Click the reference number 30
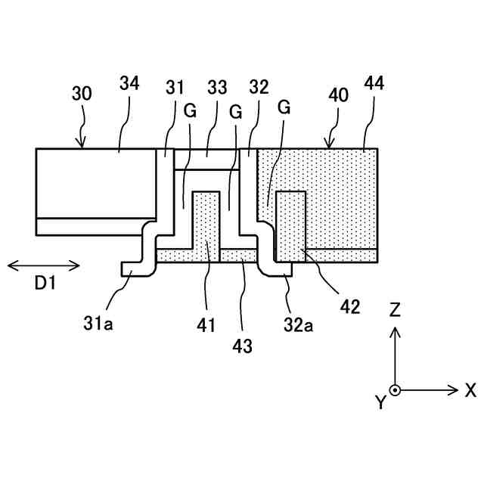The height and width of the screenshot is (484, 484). pyautogui.click(x=82, y=94)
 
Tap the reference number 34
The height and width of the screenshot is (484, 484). pyautogui.click(x=129, y=84)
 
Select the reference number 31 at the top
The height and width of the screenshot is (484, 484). pyautogui.click(x=175, y=88)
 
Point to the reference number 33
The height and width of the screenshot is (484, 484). pyautogui.click(x=217, y=88)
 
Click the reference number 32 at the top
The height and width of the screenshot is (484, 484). pyautogui.click(x=259, y=88)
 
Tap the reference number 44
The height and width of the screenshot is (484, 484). pyautogui.click(x=374, y=84)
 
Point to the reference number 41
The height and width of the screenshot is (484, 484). pyautogui.click(x=206, y=326)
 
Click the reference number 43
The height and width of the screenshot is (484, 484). pyautogui.click(x=243, y=346)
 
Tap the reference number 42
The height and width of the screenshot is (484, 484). pyautogui.click(x=350, y=306)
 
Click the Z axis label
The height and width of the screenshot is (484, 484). pyautogui.click(x=394, y=309)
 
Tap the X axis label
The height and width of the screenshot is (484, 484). pyautogui.click(x=471, y=390)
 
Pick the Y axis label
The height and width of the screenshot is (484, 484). pyautogui.click(x=380, y=402)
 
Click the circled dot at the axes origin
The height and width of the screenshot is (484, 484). pyautogui.click(x=395, y=390)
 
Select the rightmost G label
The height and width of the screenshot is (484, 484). pyautogui.click(x=284, y=108)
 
